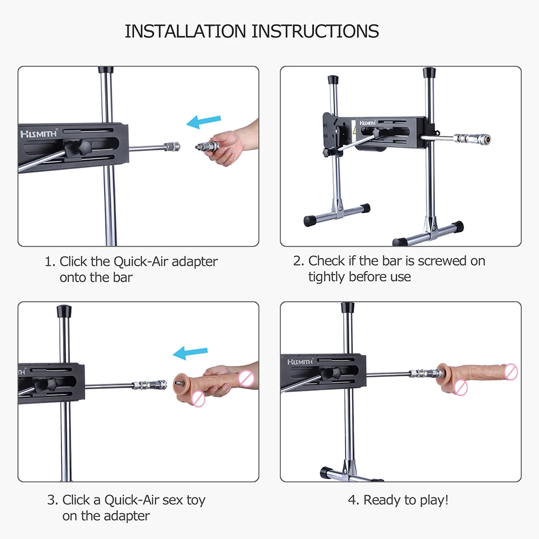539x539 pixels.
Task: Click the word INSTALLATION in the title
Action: point(185,31)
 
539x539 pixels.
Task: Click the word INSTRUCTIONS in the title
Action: point(315,31)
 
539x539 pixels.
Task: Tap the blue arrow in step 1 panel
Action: point(204,122)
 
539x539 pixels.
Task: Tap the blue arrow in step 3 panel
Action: point(190,353)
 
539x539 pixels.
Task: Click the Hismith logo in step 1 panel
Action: point(38,133)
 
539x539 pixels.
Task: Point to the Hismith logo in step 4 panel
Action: point(300,362)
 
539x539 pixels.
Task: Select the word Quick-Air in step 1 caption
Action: point(141,261)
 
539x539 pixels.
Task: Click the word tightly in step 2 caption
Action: point(327,277)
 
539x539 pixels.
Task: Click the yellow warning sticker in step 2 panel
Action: point(354,130)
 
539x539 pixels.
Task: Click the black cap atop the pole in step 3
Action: point(64,311)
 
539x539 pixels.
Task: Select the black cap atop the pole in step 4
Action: point(348,307)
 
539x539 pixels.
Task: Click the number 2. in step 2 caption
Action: point(299,261)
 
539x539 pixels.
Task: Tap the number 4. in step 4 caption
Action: point(354,501)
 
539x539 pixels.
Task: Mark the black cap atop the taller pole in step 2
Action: point(430,73)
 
